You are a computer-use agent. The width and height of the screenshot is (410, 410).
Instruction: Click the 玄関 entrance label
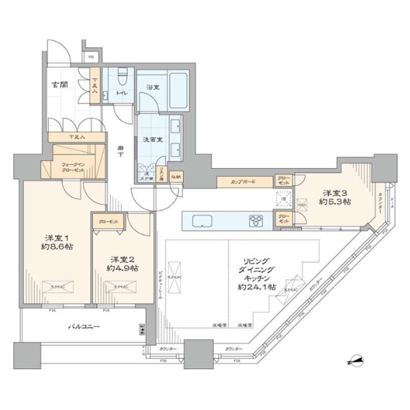[60, 85]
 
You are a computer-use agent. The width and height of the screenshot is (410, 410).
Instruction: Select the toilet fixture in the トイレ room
[124, 76]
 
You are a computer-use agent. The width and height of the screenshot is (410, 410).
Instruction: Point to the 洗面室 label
[150, 140]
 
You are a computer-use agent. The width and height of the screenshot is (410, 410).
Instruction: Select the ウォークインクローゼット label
[73, 166]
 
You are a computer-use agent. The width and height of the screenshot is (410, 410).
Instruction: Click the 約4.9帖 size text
[122, 268]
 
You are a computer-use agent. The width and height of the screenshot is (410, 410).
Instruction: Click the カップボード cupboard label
[244, 182]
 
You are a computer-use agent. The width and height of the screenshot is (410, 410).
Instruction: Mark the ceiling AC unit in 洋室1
[56, 287]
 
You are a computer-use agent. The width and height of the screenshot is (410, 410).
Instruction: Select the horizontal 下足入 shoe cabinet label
[77, 137]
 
